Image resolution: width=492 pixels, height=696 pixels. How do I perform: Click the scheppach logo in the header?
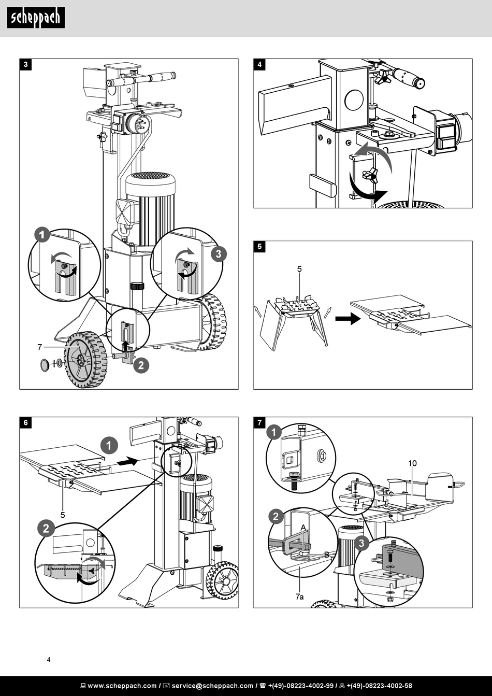tap(36, 18)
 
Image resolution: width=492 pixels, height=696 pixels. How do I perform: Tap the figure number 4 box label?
tap(259, 65)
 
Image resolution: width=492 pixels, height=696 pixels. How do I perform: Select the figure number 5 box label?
tap(259, 247)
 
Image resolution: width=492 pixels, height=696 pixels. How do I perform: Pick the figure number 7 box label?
tap(259, 423)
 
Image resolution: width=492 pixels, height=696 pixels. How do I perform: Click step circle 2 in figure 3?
tap(140, 365)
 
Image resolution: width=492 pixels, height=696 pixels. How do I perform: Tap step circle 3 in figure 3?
tap(219, 254)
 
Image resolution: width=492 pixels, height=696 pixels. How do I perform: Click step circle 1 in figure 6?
tap(109, 445)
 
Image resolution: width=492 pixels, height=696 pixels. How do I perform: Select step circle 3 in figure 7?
tap(361, 544)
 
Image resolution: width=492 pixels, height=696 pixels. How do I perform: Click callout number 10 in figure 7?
tap(412, 463)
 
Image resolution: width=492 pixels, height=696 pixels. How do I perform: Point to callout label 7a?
tap(299, 597)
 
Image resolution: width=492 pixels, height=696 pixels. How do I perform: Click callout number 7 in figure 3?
tap(39, 346)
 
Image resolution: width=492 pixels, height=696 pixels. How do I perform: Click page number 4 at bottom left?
tap(49, 660)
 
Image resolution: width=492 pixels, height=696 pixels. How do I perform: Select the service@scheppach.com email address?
tap(212, 686)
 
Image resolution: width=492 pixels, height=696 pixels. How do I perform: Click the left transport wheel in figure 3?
tap(85, 360)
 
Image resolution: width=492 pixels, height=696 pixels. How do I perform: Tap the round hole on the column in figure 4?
tap(354, 100)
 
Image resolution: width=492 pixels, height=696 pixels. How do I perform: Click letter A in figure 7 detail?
tap(303, 527)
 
